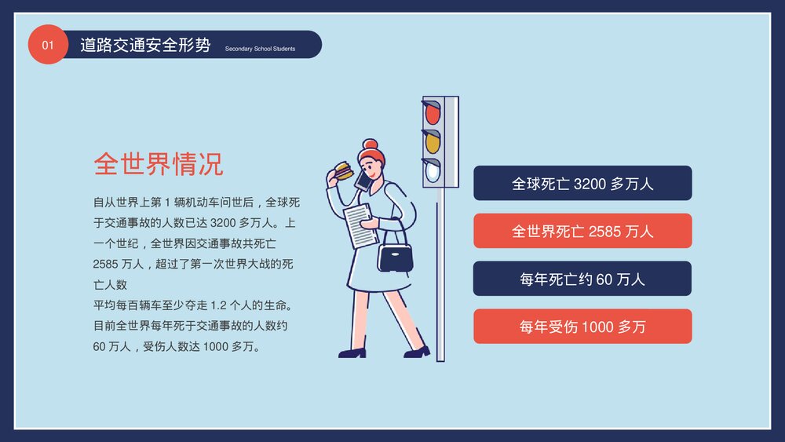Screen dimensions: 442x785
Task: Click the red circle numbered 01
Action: point(48,45)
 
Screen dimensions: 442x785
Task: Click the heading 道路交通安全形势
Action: point(145,45)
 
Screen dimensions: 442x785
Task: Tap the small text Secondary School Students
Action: point(260,49)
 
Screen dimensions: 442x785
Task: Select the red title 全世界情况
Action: point(158,164)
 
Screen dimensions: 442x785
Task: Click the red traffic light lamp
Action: point(433,114)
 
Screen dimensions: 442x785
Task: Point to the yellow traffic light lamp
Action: point(433,142)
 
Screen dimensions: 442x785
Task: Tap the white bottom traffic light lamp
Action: point(433,171)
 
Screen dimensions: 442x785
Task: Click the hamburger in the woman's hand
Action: point(342,170)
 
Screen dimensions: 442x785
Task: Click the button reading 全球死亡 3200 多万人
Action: point(582,184)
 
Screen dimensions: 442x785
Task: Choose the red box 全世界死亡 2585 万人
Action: point(582,231)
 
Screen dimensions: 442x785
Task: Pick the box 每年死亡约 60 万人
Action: point(582,279)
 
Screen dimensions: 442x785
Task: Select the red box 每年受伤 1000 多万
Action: point(582,327)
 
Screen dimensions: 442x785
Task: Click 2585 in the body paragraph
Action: point(105,264)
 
